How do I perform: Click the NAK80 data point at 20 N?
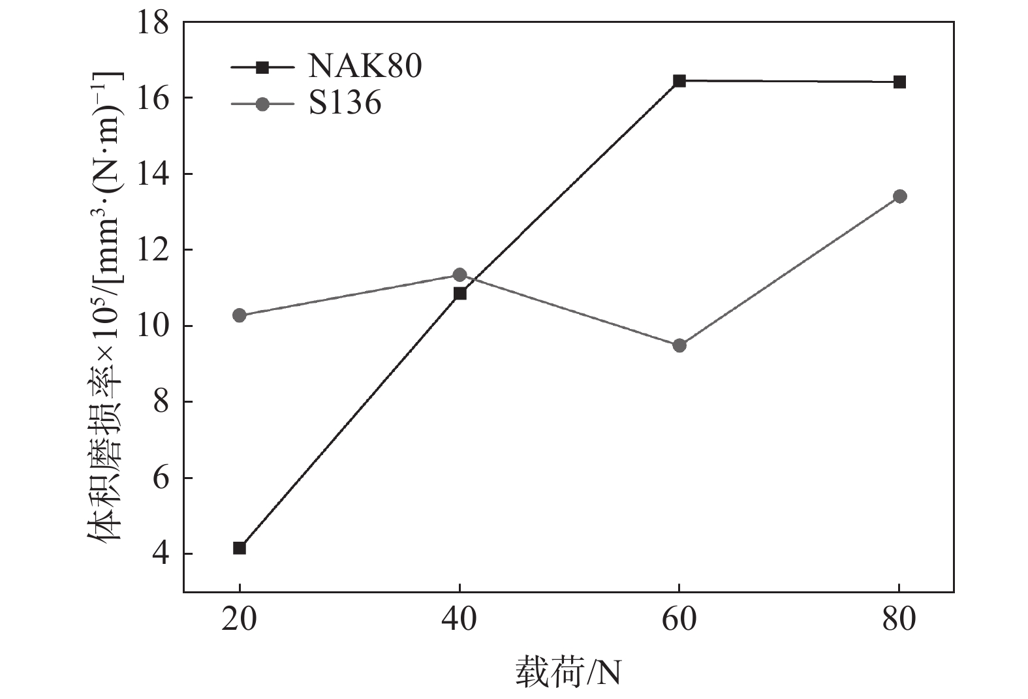[240, 548]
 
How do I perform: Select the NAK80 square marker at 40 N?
[460, 294]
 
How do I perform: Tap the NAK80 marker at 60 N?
[679, 81]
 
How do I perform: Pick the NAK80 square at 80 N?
[899, 82]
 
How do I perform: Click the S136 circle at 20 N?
[240, 315]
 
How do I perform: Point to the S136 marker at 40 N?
[460, 275]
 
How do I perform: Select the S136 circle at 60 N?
[679, 345]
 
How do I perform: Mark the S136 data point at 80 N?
[899, 196]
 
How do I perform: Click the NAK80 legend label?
[365, 67]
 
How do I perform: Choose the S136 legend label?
[345, 103]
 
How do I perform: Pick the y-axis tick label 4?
[160, 555]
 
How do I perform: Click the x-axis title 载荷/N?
[568, 672]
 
